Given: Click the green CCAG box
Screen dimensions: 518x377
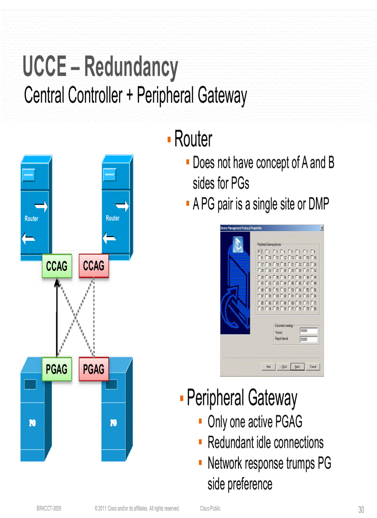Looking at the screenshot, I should pos(57,266).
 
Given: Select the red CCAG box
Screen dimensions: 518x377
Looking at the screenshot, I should pos(94,266).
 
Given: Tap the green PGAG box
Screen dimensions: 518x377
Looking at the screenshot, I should pos(57,369).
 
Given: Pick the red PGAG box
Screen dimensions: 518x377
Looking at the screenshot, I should pos(94,369).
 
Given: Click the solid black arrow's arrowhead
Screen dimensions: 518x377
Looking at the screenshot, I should pos(57,282).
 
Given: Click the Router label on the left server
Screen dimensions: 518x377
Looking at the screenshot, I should pos(31,219).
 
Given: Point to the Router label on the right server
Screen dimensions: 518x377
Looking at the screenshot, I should pos(113,218).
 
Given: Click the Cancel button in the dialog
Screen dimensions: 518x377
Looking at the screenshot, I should pos(313,367).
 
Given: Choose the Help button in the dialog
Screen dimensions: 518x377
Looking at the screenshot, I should pos(268,367).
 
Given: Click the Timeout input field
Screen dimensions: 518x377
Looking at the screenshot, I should pos(309,331).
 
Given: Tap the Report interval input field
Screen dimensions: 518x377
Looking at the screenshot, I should pos(309,339).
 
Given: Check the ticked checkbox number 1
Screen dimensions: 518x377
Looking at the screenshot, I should pos(260,250).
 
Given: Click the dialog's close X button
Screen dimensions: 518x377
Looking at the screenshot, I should pos(322,228).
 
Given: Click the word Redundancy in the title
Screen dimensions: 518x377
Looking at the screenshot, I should pos(131,67).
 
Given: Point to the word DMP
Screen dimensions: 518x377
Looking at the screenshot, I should pos(319,204).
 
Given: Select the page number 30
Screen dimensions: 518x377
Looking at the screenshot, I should pos(361,510).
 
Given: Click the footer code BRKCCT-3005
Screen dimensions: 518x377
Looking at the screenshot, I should pos(49,509).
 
